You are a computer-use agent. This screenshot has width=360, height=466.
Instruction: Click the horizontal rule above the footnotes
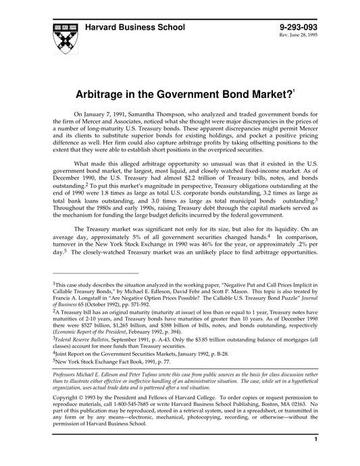(x=95, y=272)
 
